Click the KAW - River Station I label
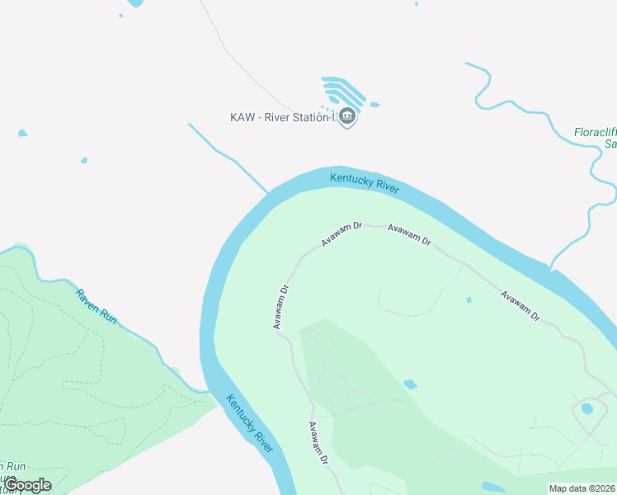click(283, 117)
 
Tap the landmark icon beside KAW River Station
click(347, 117)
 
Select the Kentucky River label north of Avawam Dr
click(365, 182)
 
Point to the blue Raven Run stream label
click(97, 304)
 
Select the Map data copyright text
click(582, 488)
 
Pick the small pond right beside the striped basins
click(374, 105)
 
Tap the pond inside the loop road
click(587, 408)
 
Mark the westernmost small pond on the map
click(22, 133)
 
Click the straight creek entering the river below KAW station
click(228, 159)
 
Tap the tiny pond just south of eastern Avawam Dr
click(469, 299)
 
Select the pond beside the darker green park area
click(410, 384)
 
